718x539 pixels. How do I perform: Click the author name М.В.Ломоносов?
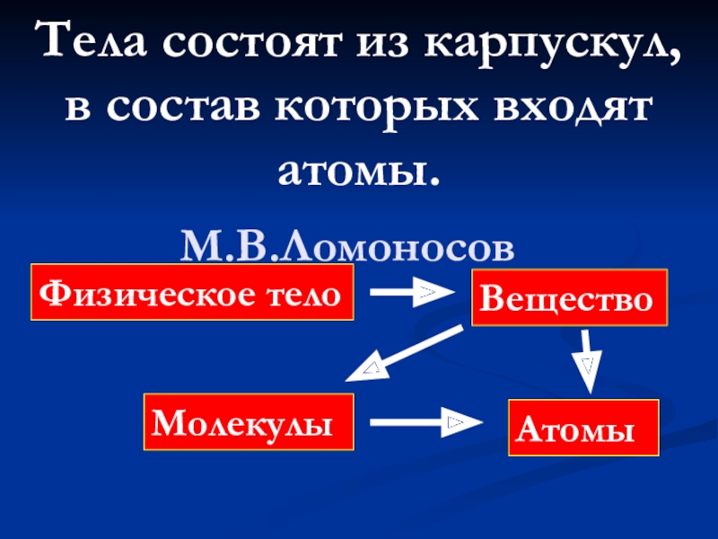click(x=348, y=245)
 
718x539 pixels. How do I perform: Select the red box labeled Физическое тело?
click(x=192, y=292)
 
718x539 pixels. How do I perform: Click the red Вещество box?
click(x=569, y=296)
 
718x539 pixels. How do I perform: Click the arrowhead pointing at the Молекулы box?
click(x=363, y=368)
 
